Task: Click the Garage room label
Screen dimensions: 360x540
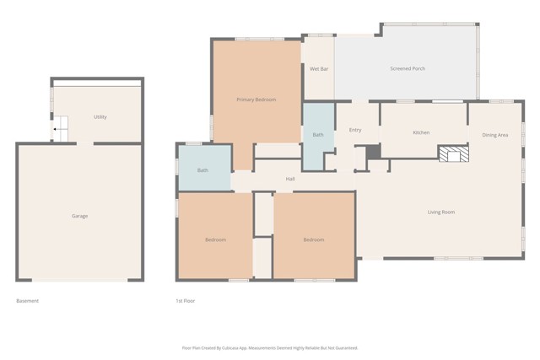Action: [x=79, y=217]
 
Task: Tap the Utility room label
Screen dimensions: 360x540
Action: [x=100, y=117]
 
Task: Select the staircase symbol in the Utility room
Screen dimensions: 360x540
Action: [x=62, y=128]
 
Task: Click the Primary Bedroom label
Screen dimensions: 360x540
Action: [x=256, y=100]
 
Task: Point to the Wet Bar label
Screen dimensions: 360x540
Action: [x=318, y=69]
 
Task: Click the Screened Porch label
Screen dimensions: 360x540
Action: [x=408, y=69]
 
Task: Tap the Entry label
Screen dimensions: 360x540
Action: [x=355, y=130]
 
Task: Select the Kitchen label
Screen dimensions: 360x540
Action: [x=421, y=133]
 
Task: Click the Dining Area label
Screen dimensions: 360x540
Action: [x=494, y=135]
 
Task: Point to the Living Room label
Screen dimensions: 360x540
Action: [x=440, y=212]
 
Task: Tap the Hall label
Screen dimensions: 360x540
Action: [x=290, y=179]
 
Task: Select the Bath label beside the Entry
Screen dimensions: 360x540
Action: [x=318, y=135]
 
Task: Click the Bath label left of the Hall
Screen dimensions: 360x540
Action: [x=202, y=170]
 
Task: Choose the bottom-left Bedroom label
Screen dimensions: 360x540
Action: [x=215, y=240]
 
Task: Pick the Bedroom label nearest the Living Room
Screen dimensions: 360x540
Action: [x=313, y=240]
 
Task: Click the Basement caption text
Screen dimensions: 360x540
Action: [x=28, y=301]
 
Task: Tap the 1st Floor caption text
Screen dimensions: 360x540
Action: [x=185, y=301]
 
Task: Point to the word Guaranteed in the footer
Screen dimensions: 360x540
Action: [x=343, y=347]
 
